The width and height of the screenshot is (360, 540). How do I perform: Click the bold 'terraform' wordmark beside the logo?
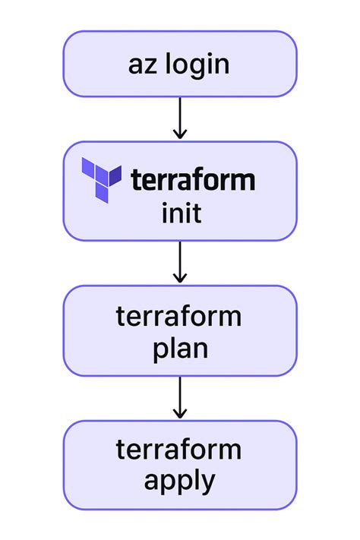coord(193,181)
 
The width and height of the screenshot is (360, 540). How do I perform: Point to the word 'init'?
coord(181,213)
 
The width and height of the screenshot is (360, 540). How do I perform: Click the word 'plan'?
coord(180,349)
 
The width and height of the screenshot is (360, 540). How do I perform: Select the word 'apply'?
coord(180,481)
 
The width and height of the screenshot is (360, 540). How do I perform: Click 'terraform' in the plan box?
coord(180,316)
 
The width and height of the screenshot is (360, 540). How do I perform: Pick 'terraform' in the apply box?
coord(180,450)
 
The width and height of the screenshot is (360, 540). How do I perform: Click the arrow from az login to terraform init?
coord(180,118)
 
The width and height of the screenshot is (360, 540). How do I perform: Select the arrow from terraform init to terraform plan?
coord(180,262)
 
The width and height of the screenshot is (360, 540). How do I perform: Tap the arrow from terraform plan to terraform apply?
coord(180,397)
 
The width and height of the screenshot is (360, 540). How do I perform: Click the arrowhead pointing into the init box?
coord(180,134)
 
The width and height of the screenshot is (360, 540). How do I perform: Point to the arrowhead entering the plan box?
coord(180,277)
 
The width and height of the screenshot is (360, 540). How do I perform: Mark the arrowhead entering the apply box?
coord(180,412)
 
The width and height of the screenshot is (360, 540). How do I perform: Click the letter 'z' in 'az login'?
coord(151,65)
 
